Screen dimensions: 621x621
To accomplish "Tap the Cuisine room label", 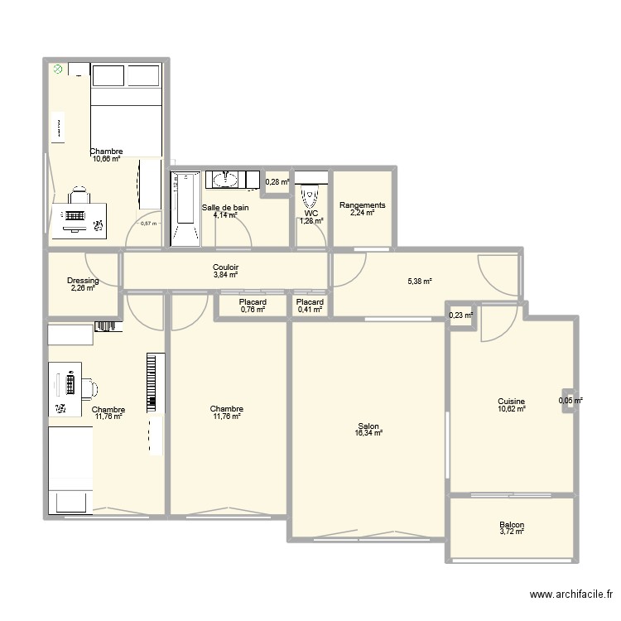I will coord(512,401).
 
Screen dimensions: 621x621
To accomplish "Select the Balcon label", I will coord(512,525).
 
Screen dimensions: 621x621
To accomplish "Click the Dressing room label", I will coord(83,281).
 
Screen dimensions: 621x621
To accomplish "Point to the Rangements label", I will coord(363,205).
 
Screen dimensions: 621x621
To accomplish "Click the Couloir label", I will coord(225,267).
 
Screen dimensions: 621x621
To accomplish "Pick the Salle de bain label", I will coord(225,208).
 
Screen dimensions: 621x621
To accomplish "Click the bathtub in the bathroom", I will coord(185,209).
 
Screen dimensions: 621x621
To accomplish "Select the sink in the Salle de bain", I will coord(223,180).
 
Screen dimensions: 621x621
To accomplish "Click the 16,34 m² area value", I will coord(368,432).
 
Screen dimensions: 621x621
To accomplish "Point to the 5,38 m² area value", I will coord(420,282).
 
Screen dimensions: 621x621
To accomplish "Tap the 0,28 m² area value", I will coord(277,182).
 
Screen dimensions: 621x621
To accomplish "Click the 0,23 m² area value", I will coord(461,315).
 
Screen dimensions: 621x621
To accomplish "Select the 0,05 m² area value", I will coord(570,401).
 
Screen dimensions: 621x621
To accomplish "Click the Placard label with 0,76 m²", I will coord(252,302).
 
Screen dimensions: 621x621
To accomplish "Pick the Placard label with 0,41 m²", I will coord(310,302).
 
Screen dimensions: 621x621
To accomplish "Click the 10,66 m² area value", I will coord(106,159).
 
